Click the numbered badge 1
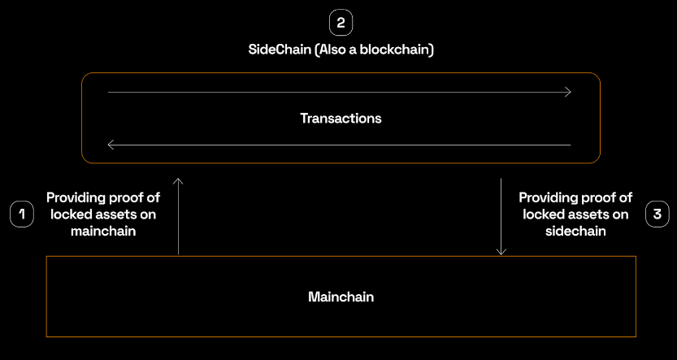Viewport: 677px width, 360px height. [x=22, y=215]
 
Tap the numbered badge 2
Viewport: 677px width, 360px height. [x=341, y=21]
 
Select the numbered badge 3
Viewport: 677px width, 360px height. [x=656, y=215]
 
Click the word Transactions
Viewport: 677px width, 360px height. [x=341, y=119]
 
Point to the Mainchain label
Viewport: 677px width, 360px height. [x=341, y=297]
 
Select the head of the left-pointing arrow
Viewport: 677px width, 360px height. [x=110, y=145]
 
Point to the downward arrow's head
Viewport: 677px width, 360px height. [x=501, y=251]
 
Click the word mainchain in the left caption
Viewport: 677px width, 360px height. [x=102, y=231]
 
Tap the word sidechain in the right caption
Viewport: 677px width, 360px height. [x=575, y=231]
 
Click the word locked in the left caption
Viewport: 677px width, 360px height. [x=71, y=215]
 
